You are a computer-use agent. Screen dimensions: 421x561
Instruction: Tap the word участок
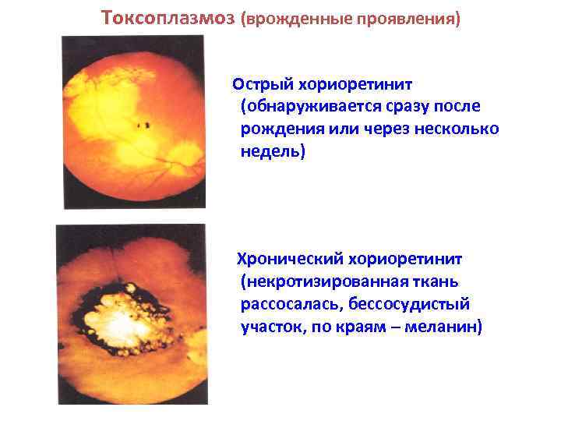click(x=273, y=327)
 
